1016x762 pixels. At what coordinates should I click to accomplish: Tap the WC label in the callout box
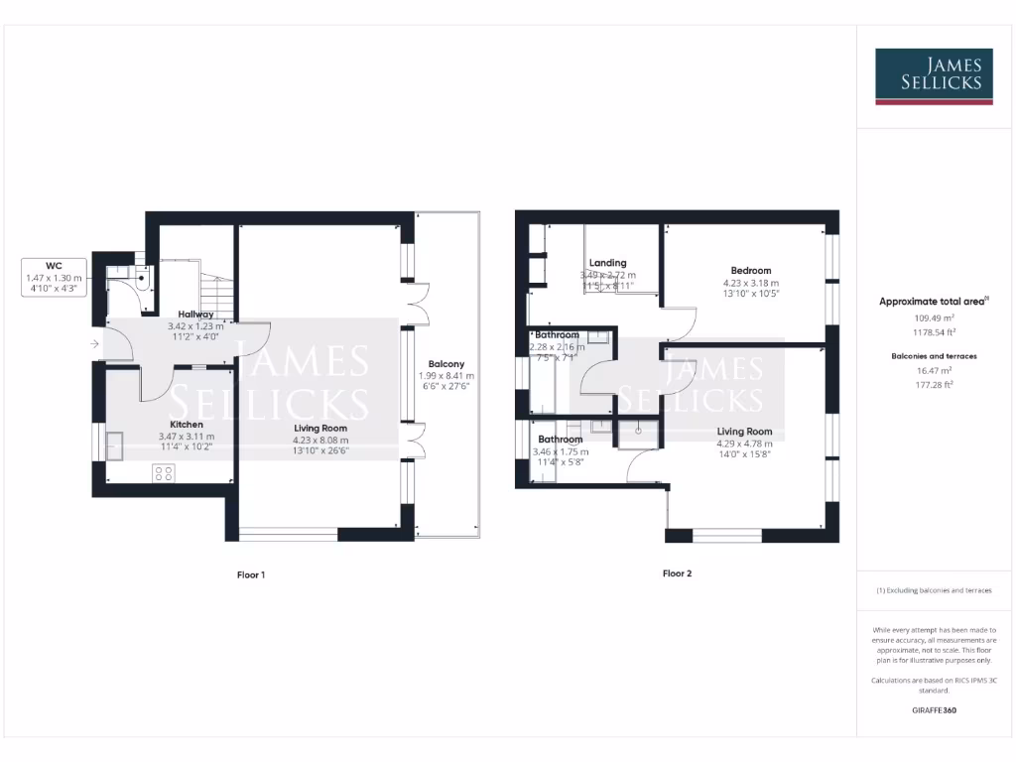[x=55, y=266]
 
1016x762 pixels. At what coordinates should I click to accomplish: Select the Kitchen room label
[x=186, y=424]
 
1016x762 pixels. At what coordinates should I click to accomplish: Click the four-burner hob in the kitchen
[x=163, y=473]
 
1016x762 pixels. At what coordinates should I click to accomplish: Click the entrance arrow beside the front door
[x=94, y=344]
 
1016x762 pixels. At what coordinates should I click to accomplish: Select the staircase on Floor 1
[x=215, y=294]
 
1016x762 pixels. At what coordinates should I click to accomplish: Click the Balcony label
[x=445, y=364]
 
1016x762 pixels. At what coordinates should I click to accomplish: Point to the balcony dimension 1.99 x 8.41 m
[x=445, y=376]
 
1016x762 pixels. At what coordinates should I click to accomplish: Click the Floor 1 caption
[x=250, y=574]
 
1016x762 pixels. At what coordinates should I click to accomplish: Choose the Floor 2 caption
[x=677, y=573]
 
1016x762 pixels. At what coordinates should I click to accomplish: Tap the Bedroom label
[x=750, y=270]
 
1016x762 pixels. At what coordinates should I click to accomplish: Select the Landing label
[x=607, y=263]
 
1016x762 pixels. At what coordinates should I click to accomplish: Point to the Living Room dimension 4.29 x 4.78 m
[x=744, y=444]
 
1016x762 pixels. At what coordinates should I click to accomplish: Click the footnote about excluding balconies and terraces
[x=933, y=590]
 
